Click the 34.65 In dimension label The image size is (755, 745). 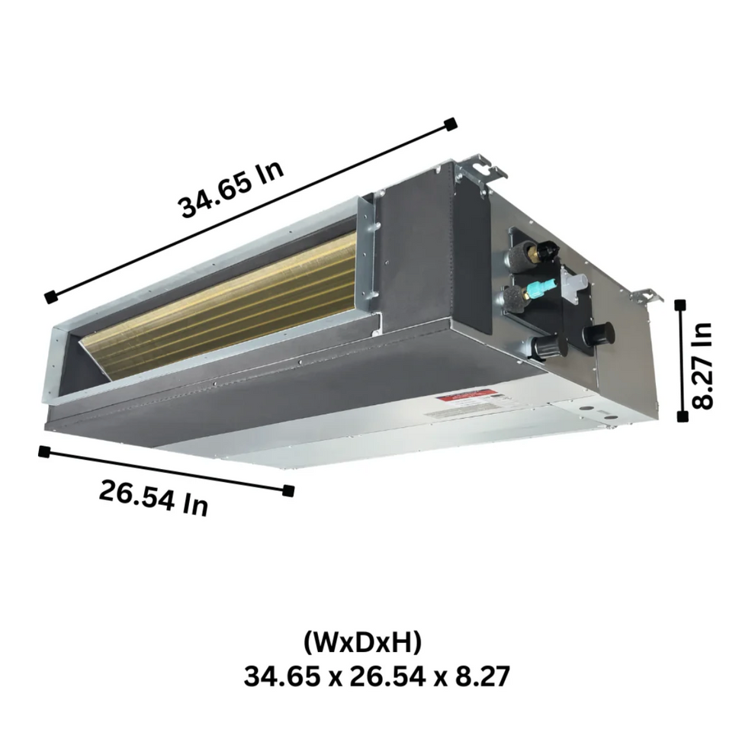tap(231, 191)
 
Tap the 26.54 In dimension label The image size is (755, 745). tap(153, 497)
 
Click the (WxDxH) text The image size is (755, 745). tap(362, 643)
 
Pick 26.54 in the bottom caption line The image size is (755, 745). tap(386, 676)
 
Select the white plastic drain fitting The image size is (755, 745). tap(573, 284)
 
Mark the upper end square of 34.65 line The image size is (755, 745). tap(451, 123)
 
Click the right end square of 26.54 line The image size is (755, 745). tap(288, 490)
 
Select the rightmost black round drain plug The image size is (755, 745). tap(599, 333)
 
